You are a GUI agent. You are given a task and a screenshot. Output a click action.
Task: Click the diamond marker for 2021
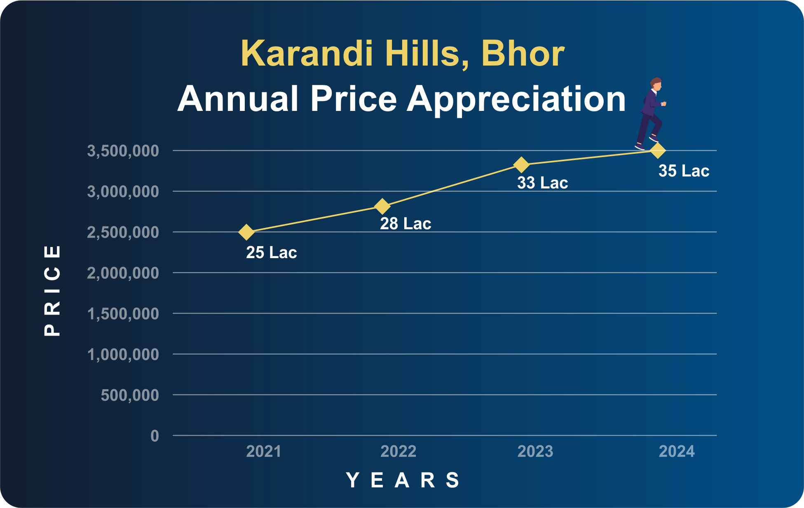click(x=246, y=232)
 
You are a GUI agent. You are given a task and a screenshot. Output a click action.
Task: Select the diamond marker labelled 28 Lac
click(x=382, y=206)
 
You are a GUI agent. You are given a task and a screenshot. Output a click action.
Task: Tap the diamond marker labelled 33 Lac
click(x=521, y=165)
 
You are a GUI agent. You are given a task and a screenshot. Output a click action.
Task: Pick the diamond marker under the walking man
click(x=658, y=151)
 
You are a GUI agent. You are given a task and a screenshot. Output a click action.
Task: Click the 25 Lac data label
click(x=272, y=252)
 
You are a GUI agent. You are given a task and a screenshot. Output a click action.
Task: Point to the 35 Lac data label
click(x=684, y=171)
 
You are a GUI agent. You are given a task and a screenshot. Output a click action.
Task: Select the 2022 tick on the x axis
click(x=398, y=452)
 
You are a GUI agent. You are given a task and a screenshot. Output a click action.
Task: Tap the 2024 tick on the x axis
click(x=677, y=452)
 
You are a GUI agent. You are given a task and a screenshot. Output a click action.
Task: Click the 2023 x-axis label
click(x=535, y=452)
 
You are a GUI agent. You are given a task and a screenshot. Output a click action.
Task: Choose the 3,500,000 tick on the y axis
click(x=123, y=151)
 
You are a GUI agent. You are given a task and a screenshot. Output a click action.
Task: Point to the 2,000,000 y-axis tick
click(x=123, y=273)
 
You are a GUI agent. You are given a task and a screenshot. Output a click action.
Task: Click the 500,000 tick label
click(x=130, y=395)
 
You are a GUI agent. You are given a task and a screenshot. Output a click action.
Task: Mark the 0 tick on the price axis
click(x=155, y=436)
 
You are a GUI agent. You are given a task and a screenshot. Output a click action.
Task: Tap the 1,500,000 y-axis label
click(x=123, y=314)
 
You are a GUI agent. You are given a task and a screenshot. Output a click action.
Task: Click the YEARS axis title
click(x=403, y=480)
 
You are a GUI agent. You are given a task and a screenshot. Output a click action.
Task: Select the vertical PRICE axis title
click(x=52, y=291)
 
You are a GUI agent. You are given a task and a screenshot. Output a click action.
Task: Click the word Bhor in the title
click(x=523, y=53)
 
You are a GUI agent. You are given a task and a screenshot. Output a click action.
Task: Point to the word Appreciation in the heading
click(x=516, y=99)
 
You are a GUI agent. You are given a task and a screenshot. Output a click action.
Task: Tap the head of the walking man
click(x=656, y=84)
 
